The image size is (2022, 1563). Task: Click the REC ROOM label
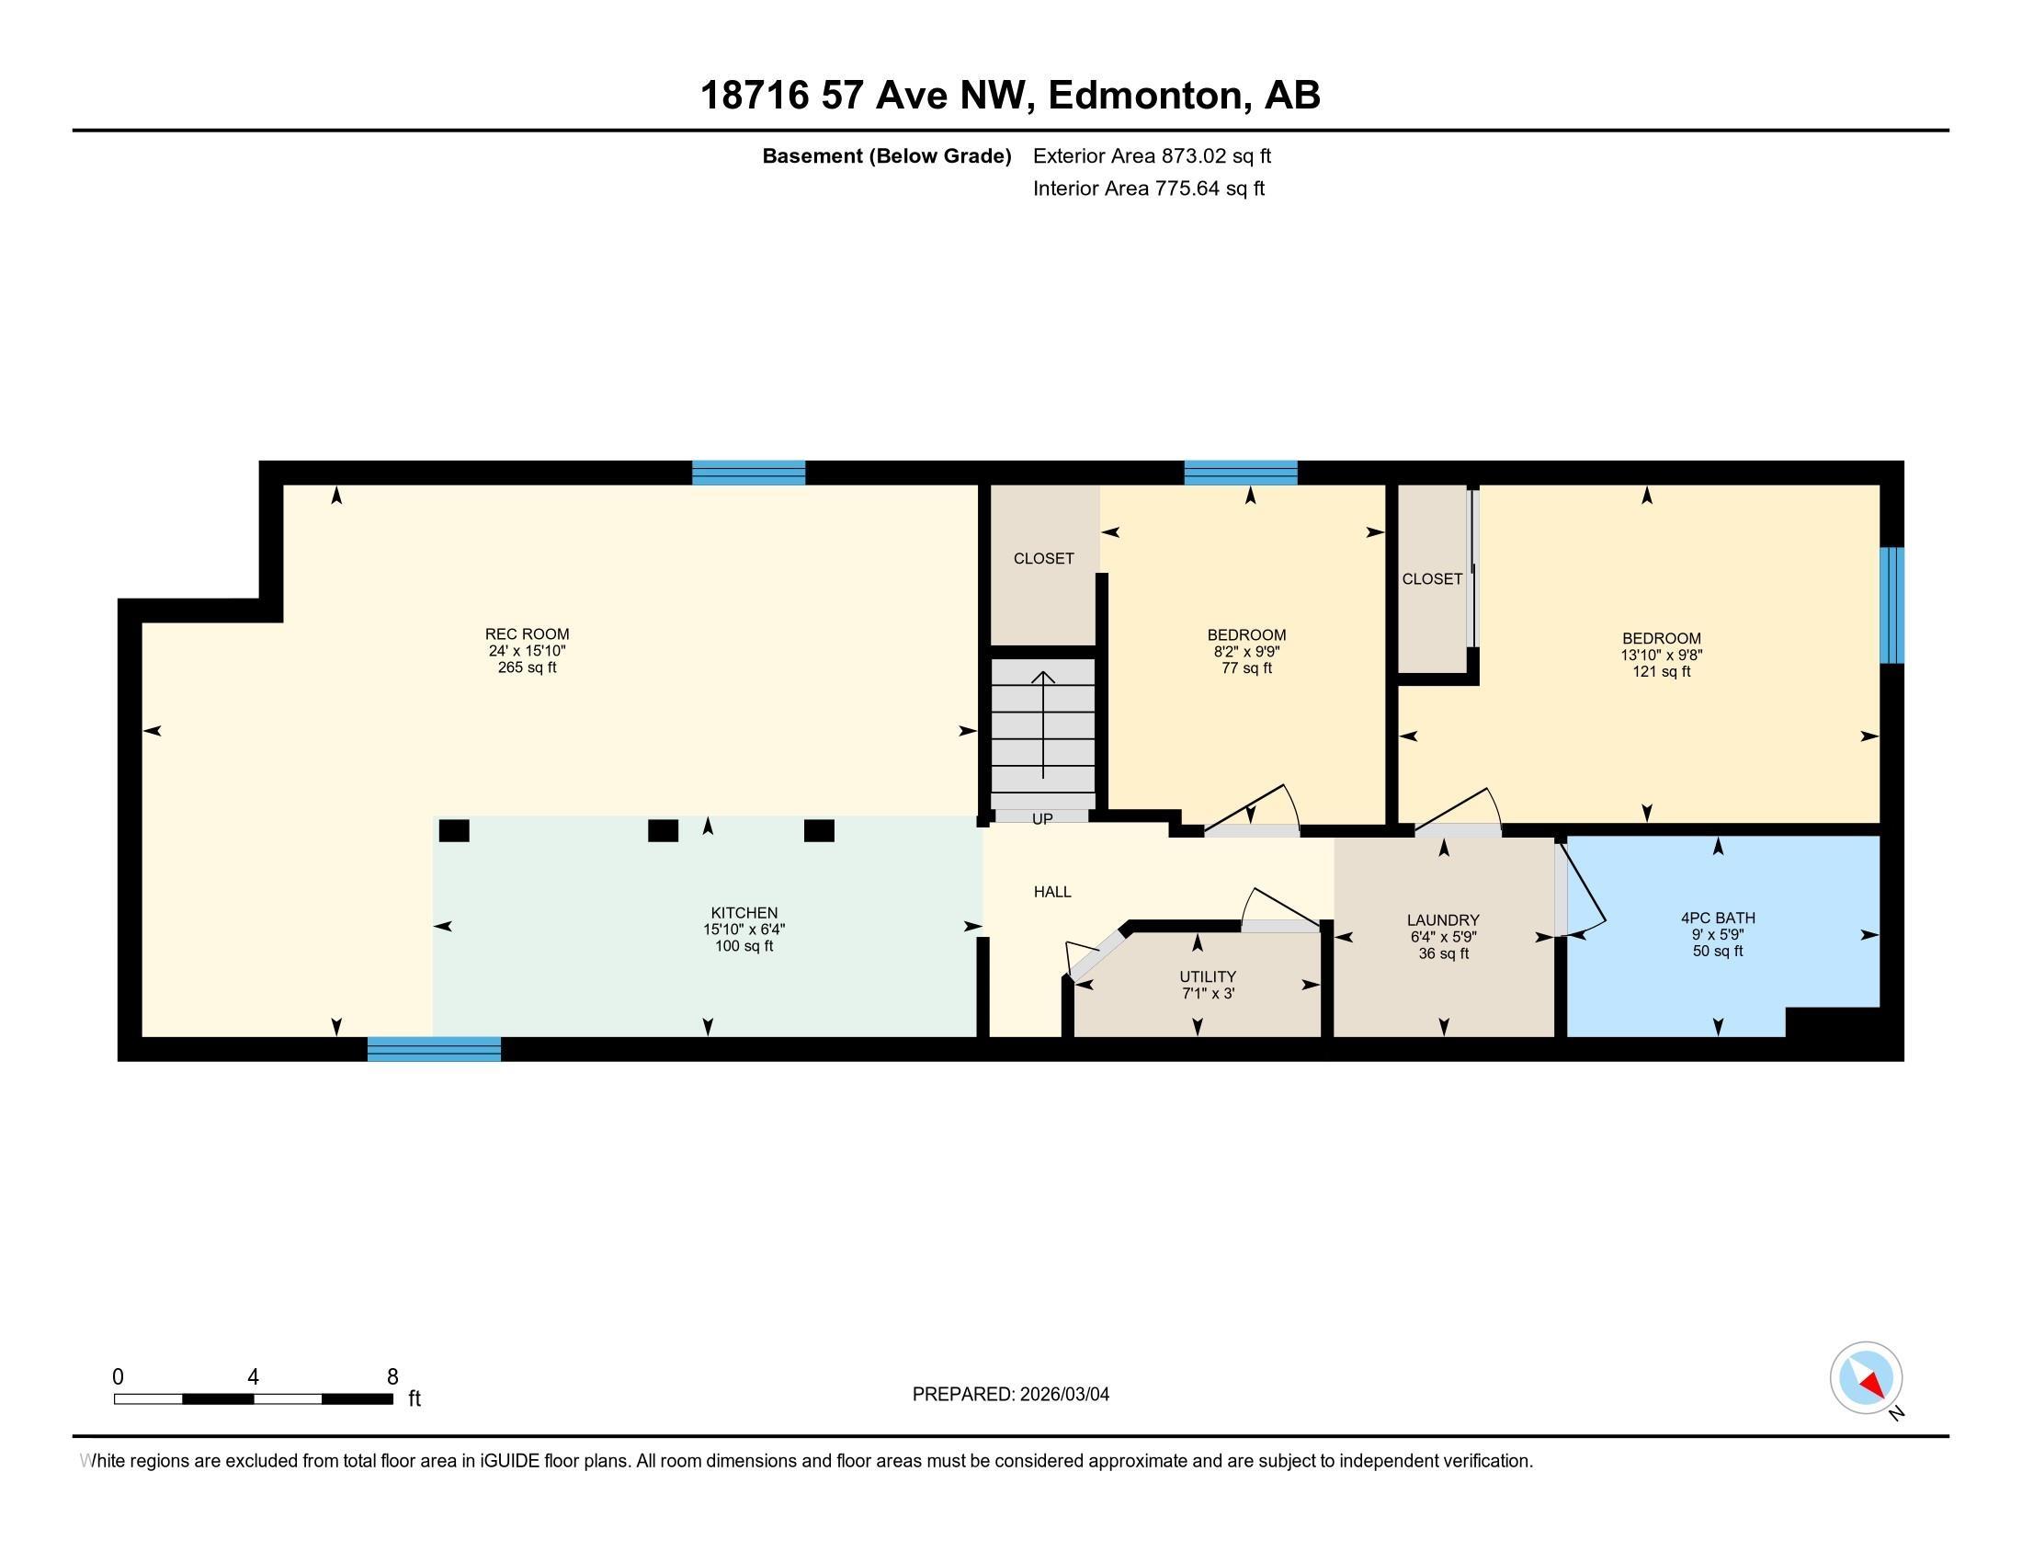pyautogui.click(x=527, y=634)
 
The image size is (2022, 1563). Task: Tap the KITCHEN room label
pyautogui.click(x=744, y=913)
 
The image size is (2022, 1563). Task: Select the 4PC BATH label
pyautogui.click(x=1718, y=918)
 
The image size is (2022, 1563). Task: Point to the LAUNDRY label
pyautogui.click(x=1442, y=919)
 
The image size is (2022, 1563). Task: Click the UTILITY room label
pyautogui.click(x=1208, y=976)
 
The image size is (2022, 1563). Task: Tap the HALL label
pyautogui.click(x=1051, y=892)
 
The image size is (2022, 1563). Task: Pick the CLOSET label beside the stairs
pyautogui.click(x=1043, y=558)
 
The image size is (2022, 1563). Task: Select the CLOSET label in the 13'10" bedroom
pyautogui.click(x=1431, y=578)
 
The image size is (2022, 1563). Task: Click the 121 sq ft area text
pyautogui.click(x=1661, y=671)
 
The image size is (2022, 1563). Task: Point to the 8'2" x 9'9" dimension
pyautogui.click(x=1246, y=652)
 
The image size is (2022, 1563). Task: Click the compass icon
pyautogui.click(x=1866, y=1377)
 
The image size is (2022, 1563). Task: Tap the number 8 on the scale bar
pyautogui.click(x=392, y=1376)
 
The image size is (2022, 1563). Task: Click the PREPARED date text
pyautogui.click(x=1010, y=1395)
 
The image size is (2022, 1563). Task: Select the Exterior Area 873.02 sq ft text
pyautogui.click(x=1152, y=155)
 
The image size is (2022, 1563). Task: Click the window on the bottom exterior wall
pyautogui.click(x=434, y=1049)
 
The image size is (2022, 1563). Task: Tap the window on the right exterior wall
pyautogui.click(x=1891, y=605)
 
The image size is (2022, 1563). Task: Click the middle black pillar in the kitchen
pyautogui.click(x=663, y=830)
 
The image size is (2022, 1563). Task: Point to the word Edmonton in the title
pyautogui.click(x=1146, y=96)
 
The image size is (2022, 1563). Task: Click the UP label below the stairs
pyautogui.click(x=1041, y=819)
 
